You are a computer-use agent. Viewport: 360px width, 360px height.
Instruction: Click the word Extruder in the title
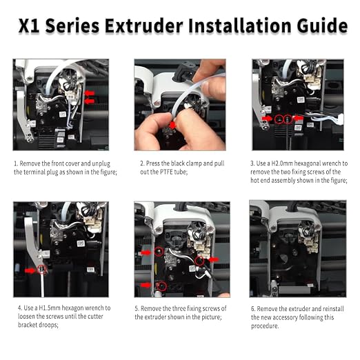click(x=144, y=26)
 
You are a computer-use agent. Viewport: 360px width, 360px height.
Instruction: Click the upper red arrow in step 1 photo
click(x=90, y=93)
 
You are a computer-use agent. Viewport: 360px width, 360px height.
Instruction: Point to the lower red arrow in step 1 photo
click(x=90, y=101)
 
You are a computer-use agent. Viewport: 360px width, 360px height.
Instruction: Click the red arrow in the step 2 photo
click(x=172, y=125)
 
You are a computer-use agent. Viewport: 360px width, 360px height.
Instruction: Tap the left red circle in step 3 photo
click(x=279, y=119)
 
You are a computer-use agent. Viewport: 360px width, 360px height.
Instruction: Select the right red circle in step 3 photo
click(x=288, y=119)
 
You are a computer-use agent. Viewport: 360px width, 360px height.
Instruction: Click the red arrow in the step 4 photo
click(x=30, y=271)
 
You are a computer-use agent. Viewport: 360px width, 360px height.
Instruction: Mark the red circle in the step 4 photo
click(x=42, y=269)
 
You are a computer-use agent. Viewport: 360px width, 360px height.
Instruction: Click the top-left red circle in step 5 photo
click(x=159, y=251)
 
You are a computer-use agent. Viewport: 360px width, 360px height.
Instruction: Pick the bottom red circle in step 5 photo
click(x=162, y=286)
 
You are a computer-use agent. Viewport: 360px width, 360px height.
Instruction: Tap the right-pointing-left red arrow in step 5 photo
click(x=214, y=259)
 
